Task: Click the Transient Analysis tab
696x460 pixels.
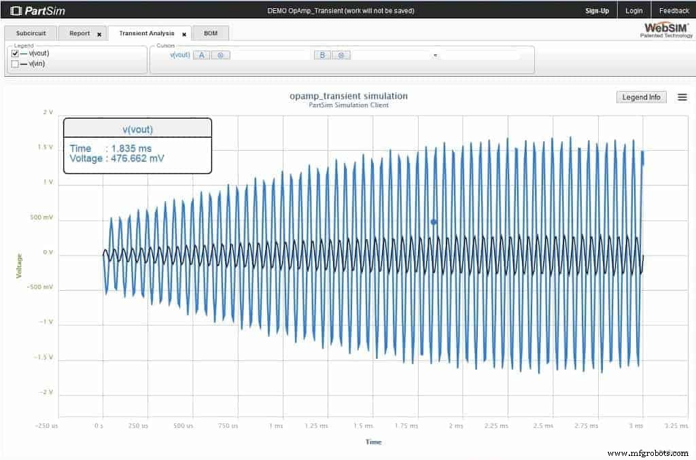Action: coord(146,33)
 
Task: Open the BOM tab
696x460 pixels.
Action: coord(211,33)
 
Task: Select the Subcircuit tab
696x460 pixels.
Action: coord(30,33)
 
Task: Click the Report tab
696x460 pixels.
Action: coord(80,33)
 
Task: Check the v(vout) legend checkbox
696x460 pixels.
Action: coord(15,53)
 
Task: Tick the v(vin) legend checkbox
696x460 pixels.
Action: coord(15,64)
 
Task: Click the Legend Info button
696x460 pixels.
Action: coord(641,97)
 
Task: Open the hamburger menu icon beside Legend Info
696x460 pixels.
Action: coord(682,97)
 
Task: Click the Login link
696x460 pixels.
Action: coord(634,11)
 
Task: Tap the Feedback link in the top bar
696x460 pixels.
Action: coord(674,11)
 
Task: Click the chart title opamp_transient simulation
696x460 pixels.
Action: coord(349,96)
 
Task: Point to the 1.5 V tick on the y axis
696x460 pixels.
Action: coord(46,147)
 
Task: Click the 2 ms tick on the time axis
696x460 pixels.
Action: coord(455,426)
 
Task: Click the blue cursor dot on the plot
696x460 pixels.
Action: coord(434,222)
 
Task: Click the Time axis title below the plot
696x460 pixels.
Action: coord(373,442)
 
